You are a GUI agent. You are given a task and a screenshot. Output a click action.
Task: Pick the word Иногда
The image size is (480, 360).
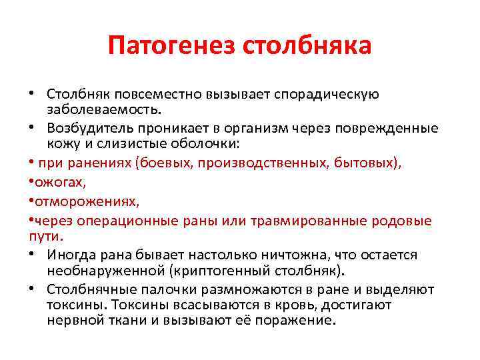point(72,255)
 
